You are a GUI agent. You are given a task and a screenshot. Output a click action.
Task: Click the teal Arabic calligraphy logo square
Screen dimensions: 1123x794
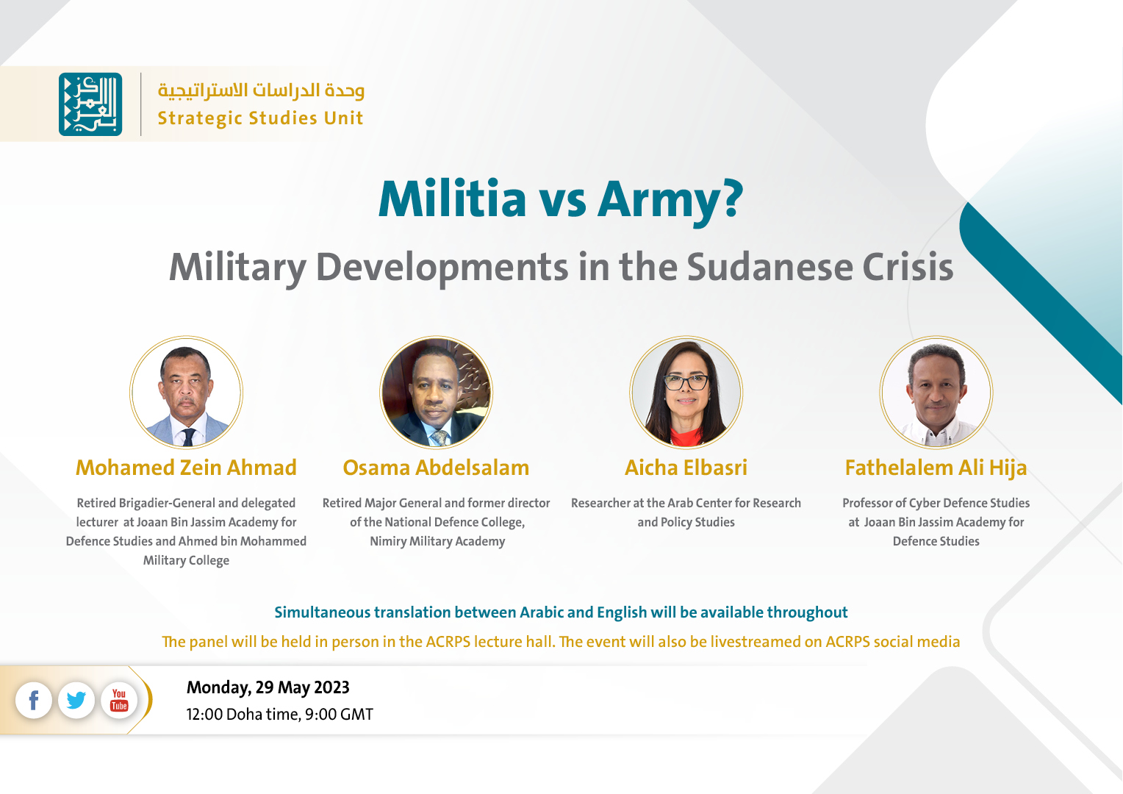(x=90, y=104)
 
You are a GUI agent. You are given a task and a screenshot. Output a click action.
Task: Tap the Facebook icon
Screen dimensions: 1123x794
(x=34, y=700)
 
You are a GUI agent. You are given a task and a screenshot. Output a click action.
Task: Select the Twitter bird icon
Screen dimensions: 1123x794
(x=76, y=700)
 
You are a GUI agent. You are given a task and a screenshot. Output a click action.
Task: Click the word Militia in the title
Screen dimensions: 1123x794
(x=452, y=199)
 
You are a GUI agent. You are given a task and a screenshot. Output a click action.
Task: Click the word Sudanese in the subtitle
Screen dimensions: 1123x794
(x=769, y=268)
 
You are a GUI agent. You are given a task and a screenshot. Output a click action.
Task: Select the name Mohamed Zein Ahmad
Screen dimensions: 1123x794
(x=186, y=468)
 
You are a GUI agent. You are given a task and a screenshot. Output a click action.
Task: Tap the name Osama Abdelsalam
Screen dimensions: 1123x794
(x=436, y=468)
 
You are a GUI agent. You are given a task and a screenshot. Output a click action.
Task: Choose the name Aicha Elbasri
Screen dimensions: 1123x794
(x=686, y=468)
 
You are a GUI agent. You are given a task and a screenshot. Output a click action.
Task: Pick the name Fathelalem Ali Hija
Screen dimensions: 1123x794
(x=936, y=468)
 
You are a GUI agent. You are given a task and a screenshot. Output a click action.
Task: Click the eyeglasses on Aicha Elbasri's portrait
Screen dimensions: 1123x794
(x=686, y=383)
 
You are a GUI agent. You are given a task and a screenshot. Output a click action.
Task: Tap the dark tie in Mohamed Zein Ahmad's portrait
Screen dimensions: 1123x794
(x=188, y=437)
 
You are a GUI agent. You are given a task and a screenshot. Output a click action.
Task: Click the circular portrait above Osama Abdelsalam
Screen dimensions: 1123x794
(x=436, y=393)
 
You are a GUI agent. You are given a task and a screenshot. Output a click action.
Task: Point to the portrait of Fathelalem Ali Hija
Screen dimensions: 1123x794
(x=936, y=393)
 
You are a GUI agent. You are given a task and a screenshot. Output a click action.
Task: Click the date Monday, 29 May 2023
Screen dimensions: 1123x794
(x=268, y=687)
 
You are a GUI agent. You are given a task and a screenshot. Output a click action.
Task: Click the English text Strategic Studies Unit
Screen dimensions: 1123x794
(x=260, y=118)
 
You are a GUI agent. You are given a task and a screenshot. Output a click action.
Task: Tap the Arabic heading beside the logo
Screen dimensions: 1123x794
(x=261, y=90)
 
